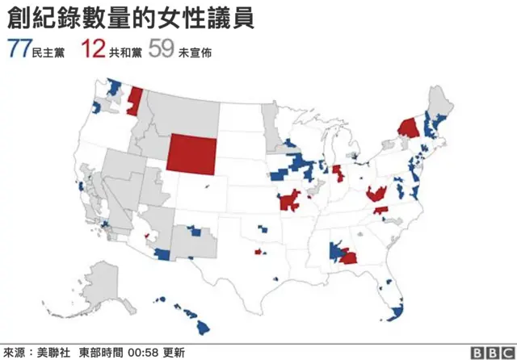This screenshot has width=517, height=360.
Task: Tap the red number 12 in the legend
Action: click(x=93, y=50)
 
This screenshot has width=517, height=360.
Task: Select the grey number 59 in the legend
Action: click(x=161, y=50)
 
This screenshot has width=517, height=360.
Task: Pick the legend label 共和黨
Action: click(x=124, y=52)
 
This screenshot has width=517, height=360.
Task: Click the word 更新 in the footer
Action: click(x=174, y=352)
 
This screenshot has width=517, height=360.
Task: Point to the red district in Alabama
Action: click(x=350, y=257)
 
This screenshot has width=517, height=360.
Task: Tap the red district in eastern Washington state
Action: click(x=135, y=100)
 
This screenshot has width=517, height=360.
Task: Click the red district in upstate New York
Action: click(x=408, y=128)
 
